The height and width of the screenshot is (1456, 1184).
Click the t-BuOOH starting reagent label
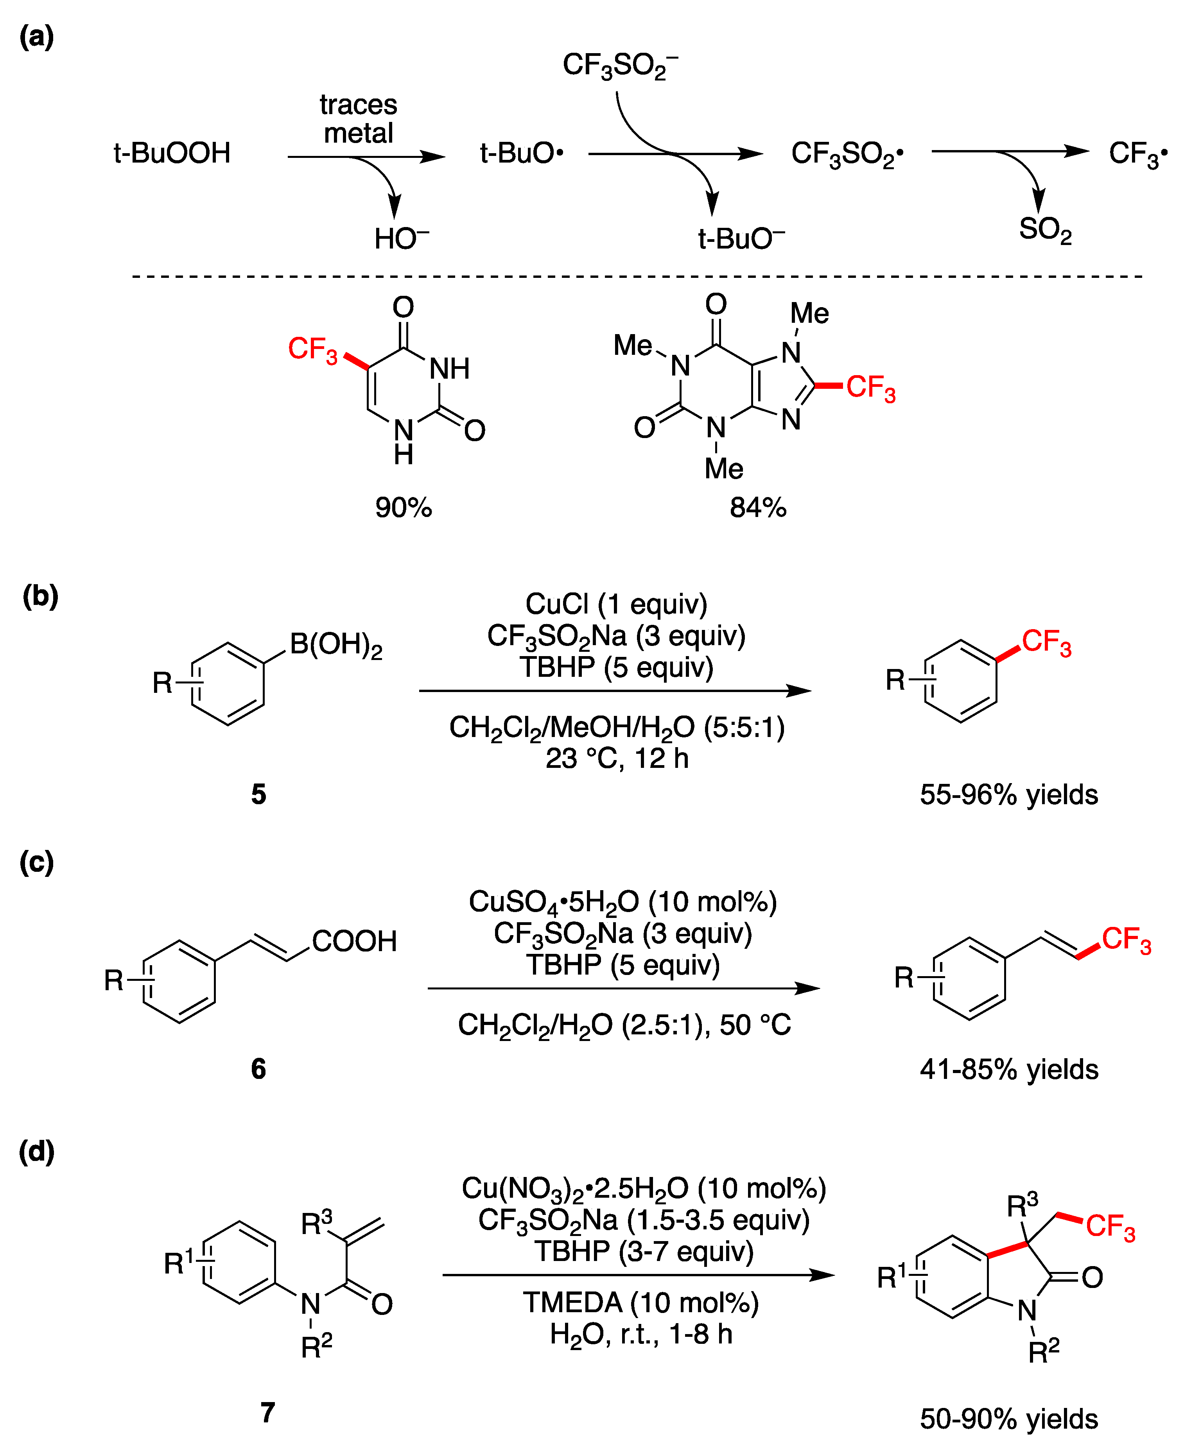(x=172, y=153)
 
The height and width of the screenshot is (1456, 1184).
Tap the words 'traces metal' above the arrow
(x=358, y=119)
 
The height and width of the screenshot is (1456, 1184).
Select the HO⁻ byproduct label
(x=401, y=239)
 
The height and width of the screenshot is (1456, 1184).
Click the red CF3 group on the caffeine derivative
(x=870, y=388)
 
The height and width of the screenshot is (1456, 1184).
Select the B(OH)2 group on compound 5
(x=335, y=644)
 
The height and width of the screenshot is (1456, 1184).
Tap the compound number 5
(x=258, y=794)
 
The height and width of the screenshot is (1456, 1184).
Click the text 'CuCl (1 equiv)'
(x=616, y=604)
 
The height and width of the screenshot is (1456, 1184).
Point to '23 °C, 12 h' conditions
(x=617, y=758)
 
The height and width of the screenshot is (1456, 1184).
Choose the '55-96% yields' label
(x=1009, y=795)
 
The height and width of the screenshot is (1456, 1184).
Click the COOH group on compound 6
(x=354, y=941)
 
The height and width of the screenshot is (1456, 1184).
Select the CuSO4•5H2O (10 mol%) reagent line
(x=622, y=902)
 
